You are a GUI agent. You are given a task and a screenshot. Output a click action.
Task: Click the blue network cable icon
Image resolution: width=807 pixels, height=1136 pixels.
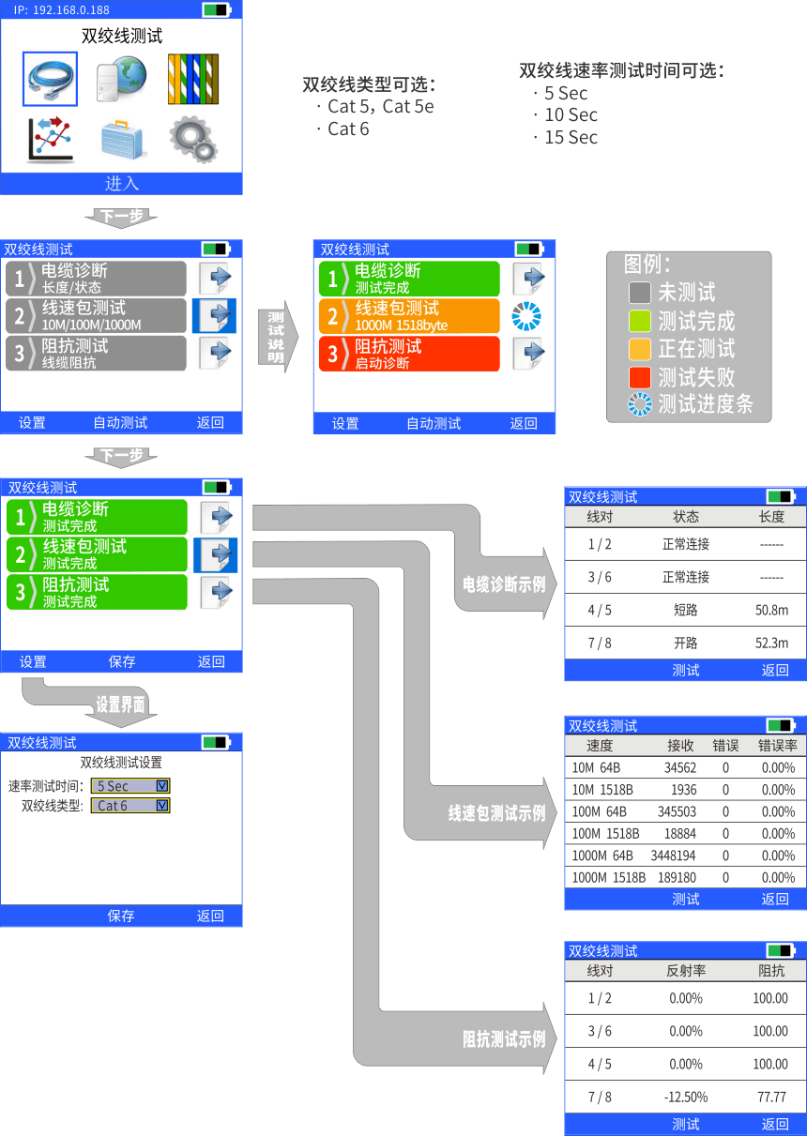(50, 79)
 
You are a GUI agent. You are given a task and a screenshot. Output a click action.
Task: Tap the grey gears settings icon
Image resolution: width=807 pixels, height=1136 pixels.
(193, 140)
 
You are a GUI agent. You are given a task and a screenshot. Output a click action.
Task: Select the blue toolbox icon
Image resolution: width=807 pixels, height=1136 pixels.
(122, 140)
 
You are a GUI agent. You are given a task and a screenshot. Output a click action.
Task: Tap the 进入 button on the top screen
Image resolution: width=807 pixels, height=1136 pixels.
(122, 184)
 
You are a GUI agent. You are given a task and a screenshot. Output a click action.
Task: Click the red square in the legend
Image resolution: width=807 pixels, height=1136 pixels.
(640, 377)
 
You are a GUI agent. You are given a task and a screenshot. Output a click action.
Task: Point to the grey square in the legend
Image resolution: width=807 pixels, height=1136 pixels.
(640, 293)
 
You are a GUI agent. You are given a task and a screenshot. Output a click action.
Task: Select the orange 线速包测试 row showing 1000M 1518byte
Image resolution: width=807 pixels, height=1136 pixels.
(409, 316)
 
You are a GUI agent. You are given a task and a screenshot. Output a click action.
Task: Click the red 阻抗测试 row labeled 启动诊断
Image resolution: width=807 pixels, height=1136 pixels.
(409, 354)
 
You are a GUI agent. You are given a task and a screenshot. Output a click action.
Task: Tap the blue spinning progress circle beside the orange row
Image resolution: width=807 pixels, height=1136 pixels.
(526, 316)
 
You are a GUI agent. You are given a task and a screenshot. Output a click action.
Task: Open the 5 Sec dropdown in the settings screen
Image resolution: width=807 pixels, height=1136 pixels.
(130, 786)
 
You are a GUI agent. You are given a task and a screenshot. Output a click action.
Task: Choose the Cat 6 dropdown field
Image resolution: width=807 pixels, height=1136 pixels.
(130, 806)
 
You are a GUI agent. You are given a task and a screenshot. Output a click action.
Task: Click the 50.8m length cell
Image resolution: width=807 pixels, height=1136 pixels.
(771, 610)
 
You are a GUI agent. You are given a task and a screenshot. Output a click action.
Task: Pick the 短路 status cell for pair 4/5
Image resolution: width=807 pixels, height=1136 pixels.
(685, 610)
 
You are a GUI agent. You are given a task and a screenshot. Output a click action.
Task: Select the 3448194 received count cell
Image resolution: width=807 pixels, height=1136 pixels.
(673, 856)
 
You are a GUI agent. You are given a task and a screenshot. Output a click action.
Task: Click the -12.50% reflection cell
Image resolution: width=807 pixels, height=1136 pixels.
(686, 1097)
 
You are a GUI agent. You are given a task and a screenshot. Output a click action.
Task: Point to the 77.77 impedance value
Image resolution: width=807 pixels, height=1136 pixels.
(771, 1097)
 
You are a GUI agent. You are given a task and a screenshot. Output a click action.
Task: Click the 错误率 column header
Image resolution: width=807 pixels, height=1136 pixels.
(778, 746)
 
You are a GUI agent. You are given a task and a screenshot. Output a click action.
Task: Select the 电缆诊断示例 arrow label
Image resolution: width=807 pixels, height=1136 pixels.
(504, 584)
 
